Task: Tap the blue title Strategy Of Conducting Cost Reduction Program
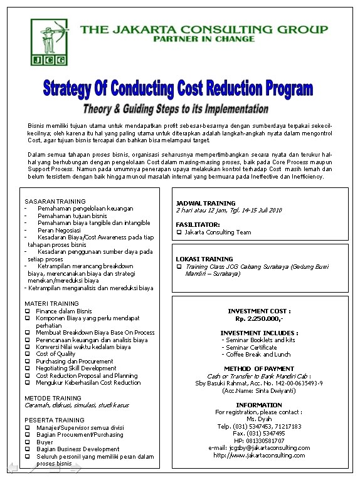point(177,88)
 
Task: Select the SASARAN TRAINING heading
point(55,201)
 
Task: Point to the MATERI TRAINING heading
point(51,303)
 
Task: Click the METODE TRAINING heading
point(53,398)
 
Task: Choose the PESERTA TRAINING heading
point(54,420)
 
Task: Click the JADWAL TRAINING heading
point(206,203)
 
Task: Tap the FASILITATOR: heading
point(198,224)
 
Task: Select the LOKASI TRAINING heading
point(204,259)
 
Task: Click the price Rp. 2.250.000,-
point(259,318)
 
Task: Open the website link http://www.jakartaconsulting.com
point(259,456)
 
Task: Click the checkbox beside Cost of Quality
point(28,354)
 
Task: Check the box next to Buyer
point(28,442)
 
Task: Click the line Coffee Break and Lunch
point(259,355)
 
